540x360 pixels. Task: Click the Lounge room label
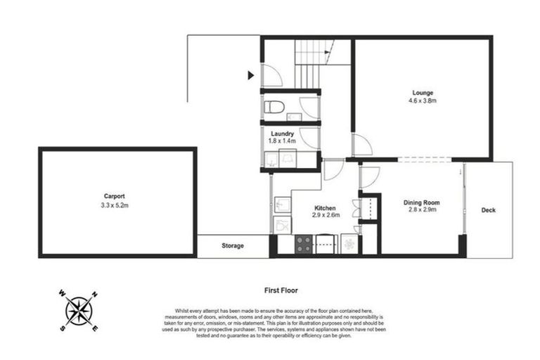point(423,93)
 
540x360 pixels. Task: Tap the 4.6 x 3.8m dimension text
point(423,101)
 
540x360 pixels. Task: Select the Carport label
point(115,197)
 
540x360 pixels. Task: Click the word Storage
point(232,245)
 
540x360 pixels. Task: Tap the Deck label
point(488,210)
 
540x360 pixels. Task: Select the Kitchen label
point(325,208)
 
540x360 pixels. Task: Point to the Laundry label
point(283,134)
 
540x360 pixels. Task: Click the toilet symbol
point(274,108)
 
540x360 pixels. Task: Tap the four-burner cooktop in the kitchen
point(304,244)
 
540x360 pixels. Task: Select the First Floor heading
point(280,290)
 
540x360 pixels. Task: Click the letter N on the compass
point(96,295)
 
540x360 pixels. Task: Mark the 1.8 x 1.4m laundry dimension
point(283,141)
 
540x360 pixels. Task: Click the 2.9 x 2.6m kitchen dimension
point(326,215)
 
